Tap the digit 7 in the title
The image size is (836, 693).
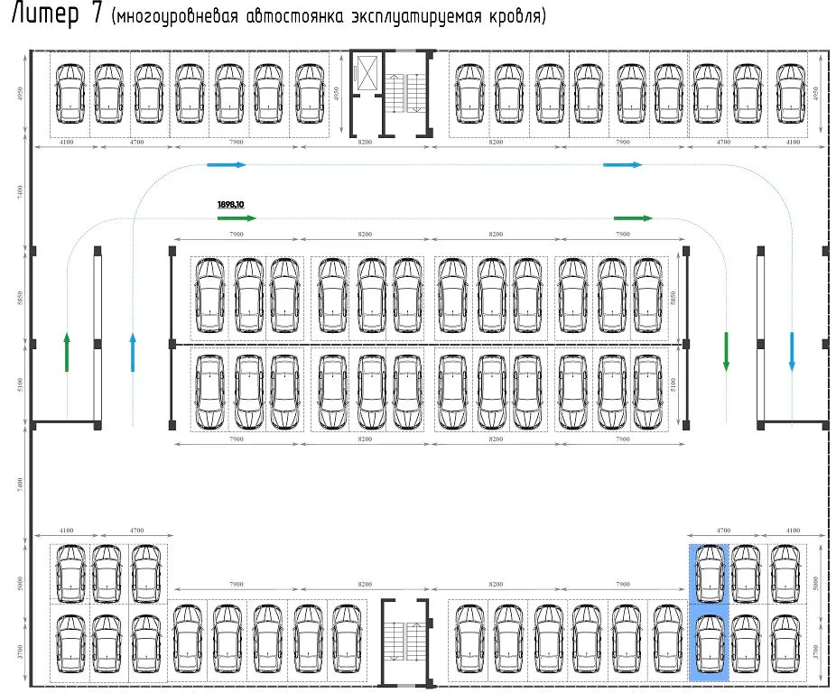96,16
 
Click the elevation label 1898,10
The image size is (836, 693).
231,205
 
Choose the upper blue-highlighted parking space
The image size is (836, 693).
709,573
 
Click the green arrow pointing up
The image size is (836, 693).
67,352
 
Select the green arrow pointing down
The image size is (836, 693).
726,351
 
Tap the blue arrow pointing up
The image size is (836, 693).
133,352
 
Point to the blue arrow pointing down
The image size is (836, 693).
792,351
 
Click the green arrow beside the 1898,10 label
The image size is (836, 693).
237,218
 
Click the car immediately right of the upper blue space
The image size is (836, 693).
747,573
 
